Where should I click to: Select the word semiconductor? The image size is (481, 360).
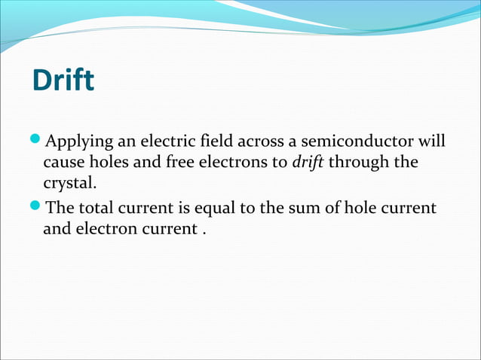(x=354, y=142)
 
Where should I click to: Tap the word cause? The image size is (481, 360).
(x=63, y=163)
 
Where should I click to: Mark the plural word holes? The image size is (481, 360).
(x=112, y=163)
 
